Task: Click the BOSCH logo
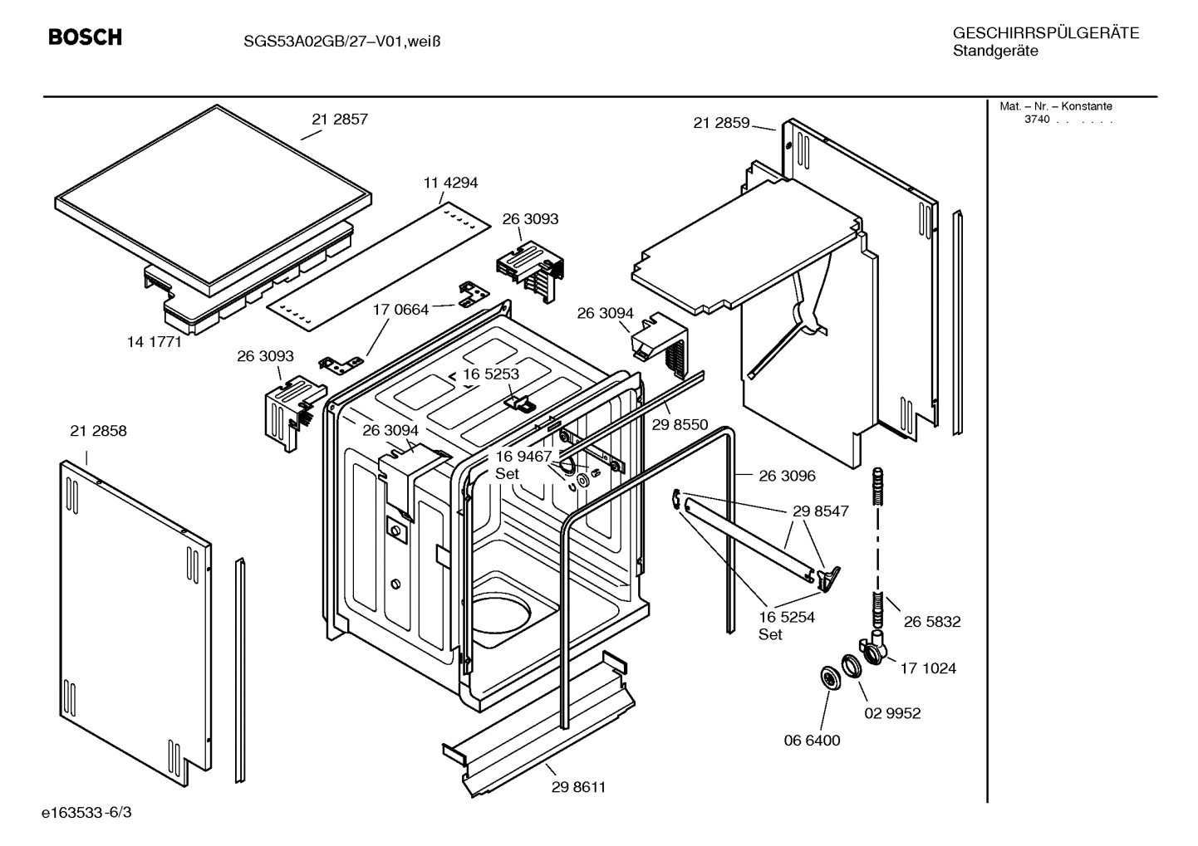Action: [x=85, y=37]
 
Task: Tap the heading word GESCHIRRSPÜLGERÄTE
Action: [x=1045, y=33]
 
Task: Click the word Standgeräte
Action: [x=994, y=51]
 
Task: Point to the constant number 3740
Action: [x=1036, y=120]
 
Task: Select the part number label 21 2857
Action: [x=340, y=120]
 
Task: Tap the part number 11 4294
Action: [x=450, y=183]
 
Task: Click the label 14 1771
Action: [x=154, y=341]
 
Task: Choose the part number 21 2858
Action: [x=99, y=431]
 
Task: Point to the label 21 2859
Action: [x=721, y=123]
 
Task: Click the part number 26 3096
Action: [x=787, y=476]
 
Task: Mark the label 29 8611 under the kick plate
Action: [x=578, y=787]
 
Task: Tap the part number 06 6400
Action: [x=813, y=740]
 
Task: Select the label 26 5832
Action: [x=932, y=621]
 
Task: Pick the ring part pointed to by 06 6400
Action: [x=829, y=677]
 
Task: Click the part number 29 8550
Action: [x=680, y=425]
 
